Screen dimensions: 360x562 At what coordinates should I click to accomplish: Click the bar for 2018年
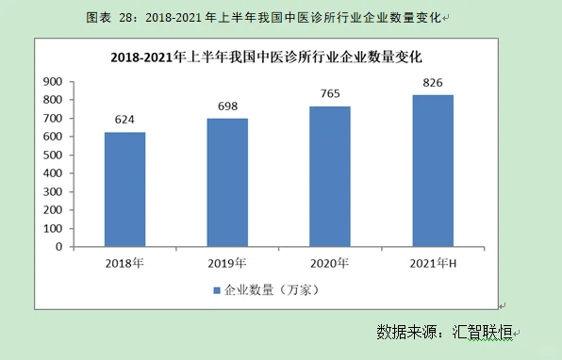pyautogui.click(x=124, y=189)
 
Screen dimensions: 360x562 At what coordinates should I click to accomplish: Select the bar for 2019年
pyautogui.click(x=227, y=183)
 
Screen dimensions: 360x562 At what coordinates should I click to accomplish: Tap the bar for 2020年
pyautogui.click(x=330, y=176)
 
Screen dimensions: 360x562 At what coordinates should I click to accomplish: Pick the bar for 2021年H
pyautogui.click(x=433, y=171)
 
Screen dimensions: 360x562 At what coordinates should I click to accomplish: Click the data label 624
pyautogui.click(x=124, y=120)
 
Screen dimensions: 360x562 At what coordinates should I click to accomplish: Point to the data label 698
pyautogui.click(x=227, y=106)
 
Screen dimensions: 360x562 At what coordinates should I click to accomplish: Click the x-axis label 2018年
pyautogui.click(x=124, y=262)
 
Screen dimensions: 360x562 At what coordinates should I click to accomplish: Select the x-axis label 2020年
pyautogui.click(x=330, y=262)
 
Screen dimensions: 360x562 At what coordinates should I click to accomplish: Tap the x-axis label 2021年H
pyautogui.click(x=433, y=262)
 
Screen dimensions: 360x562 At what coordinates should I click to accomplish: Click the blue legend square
pyautogui.click(x=216, y=289)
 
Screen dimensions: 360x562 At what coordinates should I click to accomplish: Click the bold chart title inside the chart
pyautogui.click(x=266, y=57)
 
